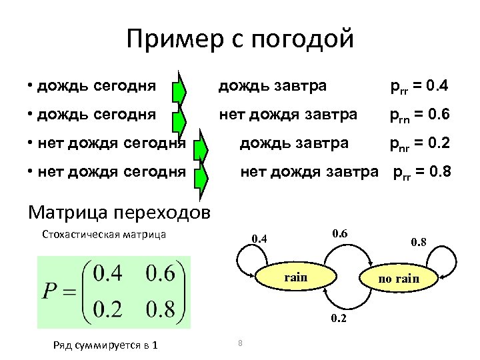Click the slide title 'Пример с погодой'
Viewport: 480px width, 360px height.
coord(240,40)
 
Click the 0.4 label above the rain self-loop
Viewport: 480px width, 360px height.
coord(259,239)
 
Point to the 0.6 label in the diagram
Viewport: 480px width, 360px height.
coord(339,233)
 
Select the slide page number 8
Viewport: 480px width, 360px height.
coord(239,343)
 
